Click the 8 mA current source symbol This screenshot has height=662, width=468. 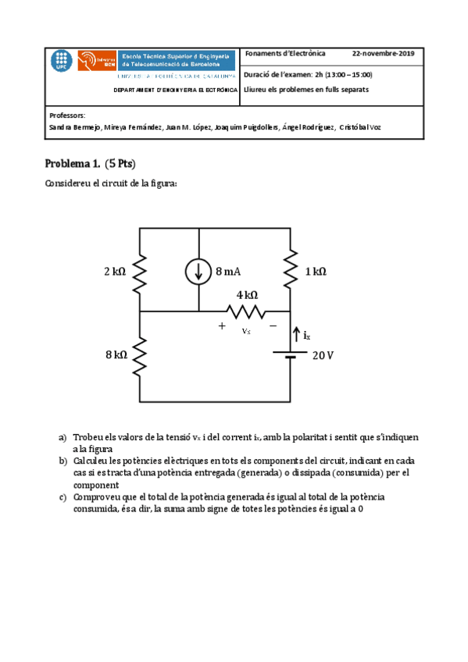pyautogui.click(x=198, y=271)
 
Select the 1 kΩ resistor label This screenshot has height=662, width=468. pyautogui.click(x=315, y=272)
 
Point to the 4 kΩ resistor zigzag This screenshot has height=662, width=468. pyautogui.click(x=247, y=311)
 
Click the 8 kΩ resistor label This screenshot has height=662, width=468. pyautogui.click(x=116, y=355)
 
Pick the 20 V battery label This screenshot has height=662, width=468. pyautogui.click(x=323, y=355)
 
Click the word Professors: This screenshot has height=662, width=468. pyautogui.click(x=66, y=115)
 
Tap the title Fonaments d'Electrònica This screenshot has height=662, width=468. pyautogui.click(x=285, y=55)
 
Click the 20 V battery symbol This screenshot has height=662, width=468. pyautogui.click(x=291, y=354)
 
